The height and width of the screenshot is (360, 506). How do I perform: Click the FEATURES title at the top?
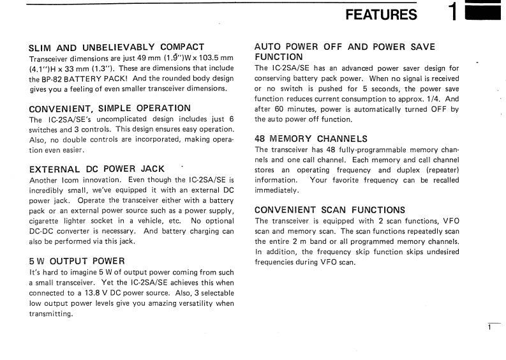coord(381,15)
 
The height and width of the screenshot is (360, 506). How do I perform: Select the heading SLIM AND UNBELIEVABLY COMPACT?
coord(117,47)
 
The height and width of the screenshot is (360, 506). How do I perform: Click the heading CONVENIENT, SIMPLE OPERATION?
coord(110,108)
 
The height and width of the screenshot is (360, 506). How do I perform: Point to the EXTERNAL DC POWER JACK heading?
coord(97,169)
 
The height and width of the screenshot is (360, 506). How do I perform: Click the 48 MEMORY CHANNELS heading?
coord(310,138)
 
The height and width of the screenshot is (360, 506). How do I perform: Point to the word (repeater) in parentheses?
coord(436,170)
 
